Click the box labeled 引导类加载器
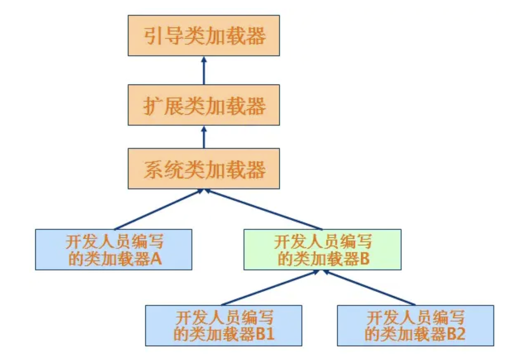click(x=203, y=36)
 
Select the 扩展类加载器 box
click(x=203, y=105)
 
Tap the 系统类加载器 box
click(x=203, y=169)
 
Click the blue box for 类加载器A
click(x=114, y=250)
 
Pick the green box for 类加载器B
click(x=322, y=250)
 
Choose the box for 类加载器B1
click(x=223, y=325)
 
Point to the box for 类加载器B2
click(x=415, y=325)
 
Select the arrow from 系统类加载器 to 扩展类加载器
click(x=204, y=137)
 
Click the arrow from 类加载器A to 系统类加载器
click(x=158, y=209)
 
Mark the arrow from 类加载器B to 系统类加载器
click(x=263, y=209)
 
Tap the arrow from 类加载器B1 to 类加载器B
click(x=270, y=287)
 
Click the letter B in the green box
click(x=364, y=259)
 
